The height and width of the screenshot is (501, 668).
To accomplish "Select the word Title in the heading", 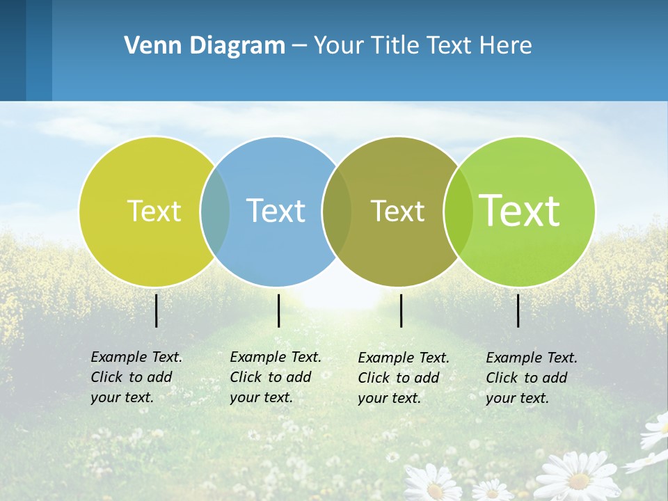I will coord(394,45).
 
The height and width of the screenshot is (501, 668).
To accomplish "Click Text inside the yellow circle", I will coord(154,211).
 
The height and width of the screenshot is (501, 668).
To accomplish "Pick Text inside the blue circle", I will coord(276,211).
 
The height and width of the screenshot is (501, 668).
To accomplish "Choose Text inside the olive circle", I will coord(397,211).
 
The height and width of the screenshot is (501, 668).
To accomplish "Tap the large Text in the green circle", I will coord(520,210).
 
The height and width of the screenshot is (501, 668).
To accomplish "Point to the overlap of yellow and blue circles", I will coord(215,211).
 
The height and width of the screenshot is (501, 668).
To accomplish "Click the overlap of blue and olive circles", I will coord(337,211).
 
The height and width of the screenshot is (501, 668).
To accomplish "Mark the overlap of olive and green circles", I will coord(458,211).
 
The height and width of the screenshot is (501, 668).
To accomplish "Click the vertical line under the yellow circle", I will coord(156,310).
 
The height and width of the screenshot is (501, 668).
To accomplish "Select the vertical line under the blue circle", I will coord(278,310).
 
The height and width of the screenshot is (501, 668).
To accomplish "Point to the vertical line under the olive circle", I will coord(401,310).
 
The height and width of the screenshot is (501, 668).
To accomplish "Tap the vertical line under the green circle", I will coord(518,310).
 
